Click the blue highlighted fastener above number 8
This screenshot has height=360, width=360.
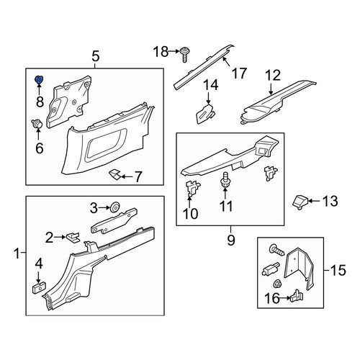[39, 79]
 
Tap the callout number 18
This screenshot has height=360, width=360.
[161, 52]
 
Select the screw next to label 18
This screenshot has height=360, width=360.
[184, 55]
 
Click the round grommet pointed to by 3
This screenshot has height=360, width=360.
[115, 207]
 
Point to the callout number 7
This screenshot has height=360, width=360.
[138, 177]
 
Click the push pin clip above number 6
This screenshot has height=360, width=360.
[37, 124]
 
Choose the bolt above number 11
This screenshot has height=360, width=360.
[225, 179]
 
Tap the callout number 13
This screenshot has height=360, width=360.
[330, 201]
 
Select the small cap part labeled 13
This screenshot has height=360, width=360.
[300, 202]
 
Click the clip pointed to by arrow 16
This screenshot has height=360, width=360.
[297, 297]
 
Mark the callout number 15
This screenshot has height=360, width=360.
[338, 270]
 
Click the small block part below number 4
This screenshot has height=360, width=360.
[39, 287]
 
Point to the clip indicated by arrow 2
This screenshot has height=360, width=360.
[73, 237]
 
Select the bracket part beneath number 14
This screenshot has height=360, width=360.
[205, 113]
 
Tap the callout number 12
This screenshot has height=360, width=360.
[273, 76]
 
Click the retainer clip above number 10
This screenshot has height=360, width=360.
[193, 189]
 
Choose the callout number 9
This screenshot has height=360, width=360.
[231, 240]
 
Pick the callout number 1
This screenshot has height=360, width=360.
[17, 253]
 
